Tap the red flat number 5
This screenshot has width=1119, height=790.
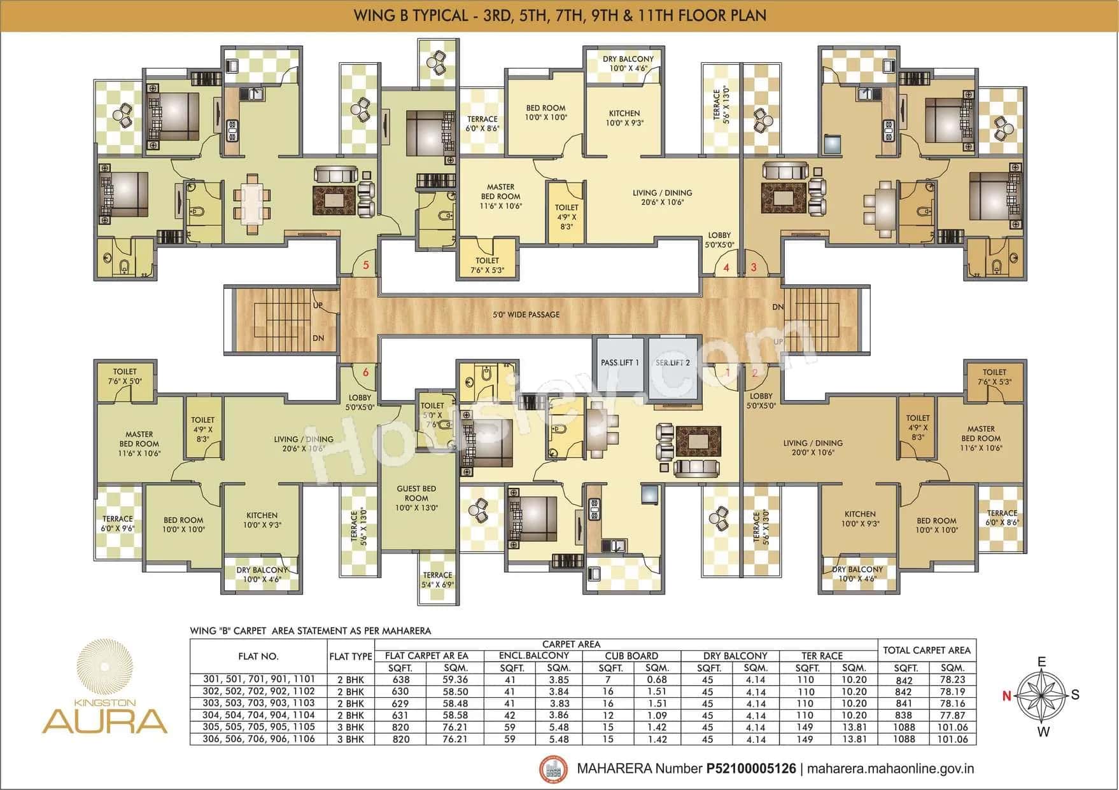click(365, 265)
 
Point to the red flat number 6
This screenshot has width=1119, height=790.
click(365, 373)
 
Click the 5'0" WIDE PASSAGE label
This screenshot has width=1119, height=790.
click(526, 314)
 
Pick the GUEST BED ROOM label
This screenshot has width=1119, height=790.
click(416, 498)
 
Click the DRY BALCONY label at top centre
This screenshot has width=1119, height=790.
click(628, 63)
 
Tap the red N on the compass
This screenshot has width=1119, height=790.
click(1006, 696)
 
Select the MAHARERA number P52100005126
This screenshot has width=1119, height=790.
click(751, 768)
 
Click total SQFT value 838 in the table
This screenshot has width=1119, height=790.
click(904, 716)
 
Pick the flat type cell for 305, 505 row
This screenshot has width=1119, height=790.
click(350, 727)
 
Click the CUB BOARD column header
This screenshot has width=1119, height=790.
click(631, 656)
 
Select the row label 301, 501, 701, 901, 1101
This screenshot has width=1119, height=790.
click(258, 679)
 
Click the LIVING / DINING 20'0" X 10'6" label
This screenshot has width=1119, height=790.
click(813, 448)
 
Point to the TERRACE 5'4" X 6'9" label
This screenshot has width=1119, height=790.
click(437, 579)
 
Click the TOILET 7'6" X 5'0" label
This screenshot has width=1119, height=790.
click(125, 376)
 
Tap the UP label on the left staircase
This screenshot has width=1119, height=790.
click(318, 305)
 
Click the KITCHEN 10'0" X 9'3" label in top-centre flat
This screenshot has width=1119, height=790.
click(624, 118)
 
